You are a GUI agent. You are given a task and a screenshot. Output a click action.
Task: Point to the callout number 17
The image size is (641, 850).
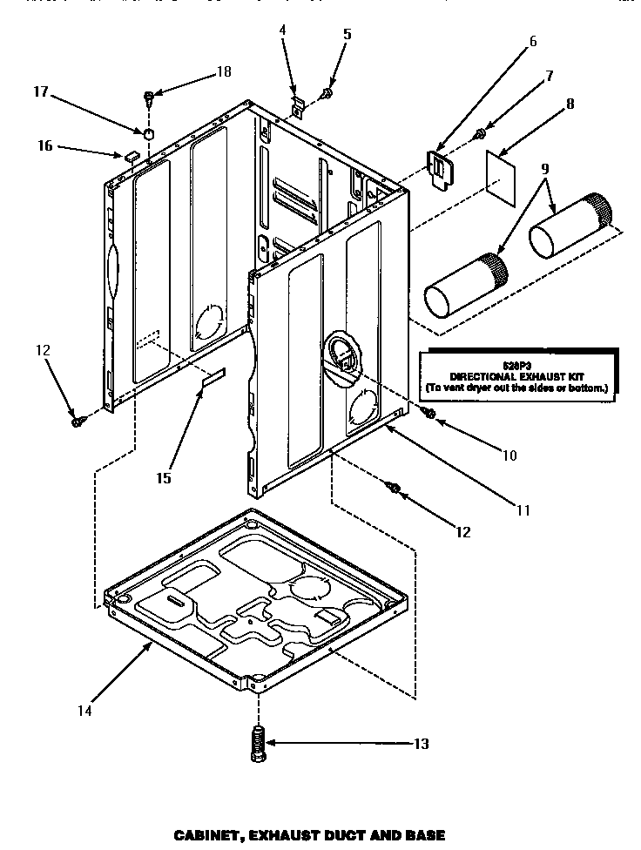[40, 90]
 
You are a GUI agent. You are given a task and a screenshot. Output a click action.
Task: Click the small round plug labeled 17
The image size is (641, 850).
[148, 134]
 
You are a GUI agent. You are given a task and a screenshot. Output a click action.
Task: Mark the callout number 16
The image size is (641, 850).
[44, 145]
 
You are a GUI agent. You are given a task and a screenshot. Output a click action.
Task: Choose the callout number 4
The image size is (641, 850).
[282, 30]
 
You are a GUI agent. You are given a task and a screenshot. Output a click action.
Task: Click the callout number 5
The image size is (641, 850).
[347, 35]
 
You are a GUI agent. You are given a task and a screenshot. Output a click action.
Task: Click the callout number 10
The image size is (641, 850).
[509, 455]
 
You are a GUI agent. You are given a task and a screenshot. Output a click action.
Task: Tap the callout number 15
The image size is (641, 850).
[164, 477]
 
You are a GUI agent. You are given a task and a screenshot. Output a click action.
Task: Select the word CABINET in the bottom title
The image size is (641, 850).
[207, 835]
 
